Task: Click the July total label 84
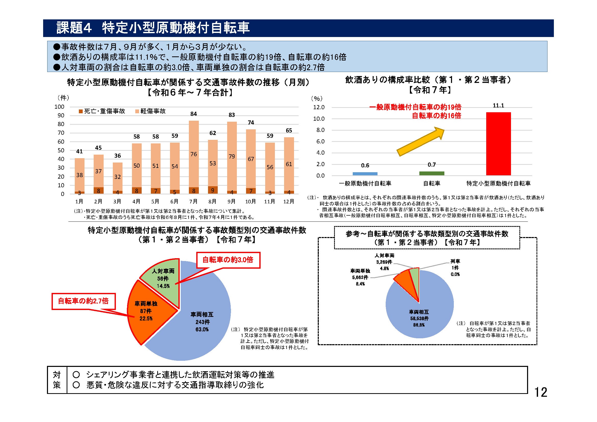pyautogui.click(x=193, y=114)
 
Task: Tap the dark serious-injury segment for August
pyautogui.click(x=213, y=190)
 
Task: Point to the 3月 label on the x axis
pyautogui.click(x=117, y=202)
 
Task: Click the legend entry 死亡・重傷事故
pyautogui.click(x=102, y=111)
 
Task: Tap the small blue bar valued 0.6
pyautogui.click(x=365, y=173)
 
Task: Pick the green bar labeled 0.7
pyautogui.click(x=432, y=173)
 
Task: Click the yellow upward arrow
pyautogui.click(x=421, y=141)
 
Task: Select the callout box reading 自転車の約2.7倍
pyautogui.click(x=83, y=301)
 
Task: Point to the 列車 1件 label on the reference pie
pyautogui.click(x=455, y=268)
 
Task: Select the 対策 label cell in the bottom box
pyautogui.click(x=57, y=380)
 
